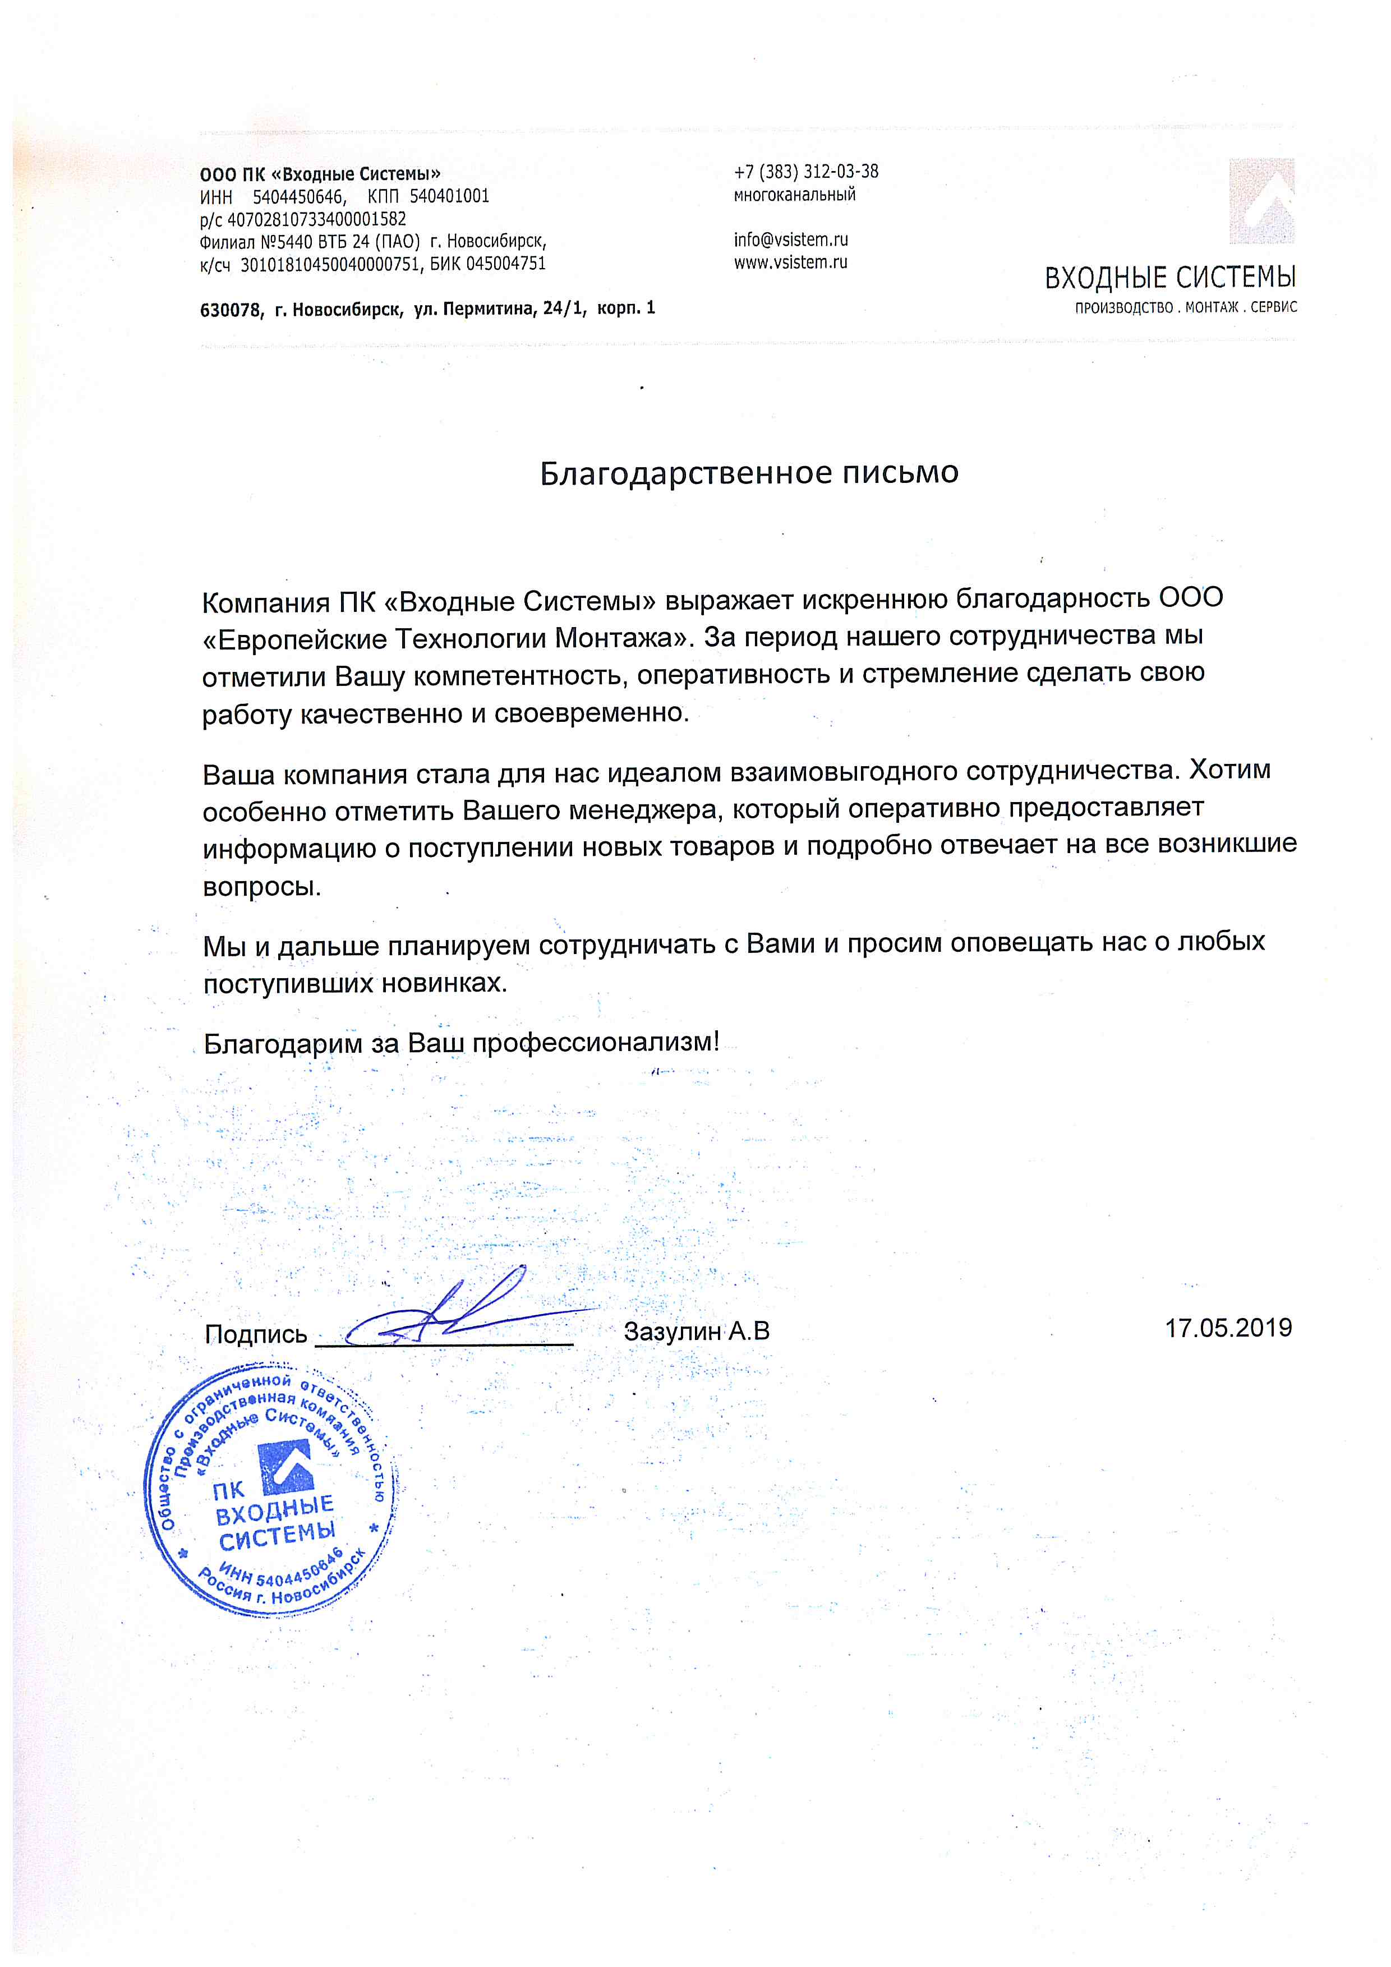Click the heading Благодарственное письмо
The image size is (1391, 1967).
(749, 473)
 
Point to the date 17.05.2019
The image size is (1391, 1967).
(1227, 1328)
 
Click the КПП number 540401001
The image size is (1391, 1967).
(449, 196)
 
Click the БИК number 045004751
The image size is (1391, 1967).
(505, 264)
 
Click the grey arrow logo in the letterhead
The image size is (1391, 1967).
(1261, 201)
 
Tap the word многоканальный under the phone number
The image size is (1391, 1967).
(794, 195)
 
